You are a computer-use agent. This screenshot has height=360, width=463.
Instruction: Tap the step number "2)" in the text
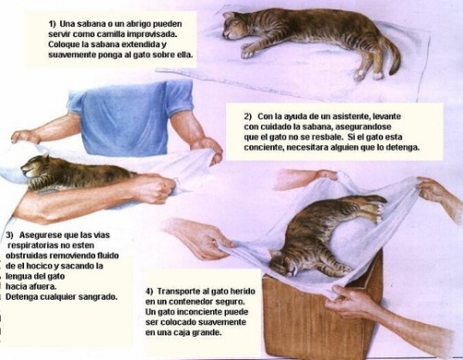point(248,117)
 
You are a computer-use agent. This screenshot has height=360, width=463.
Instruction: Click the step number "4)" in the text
point(150,292)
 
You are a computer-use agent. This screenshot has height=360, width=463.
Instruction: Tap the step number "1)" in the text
point(52,24)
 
